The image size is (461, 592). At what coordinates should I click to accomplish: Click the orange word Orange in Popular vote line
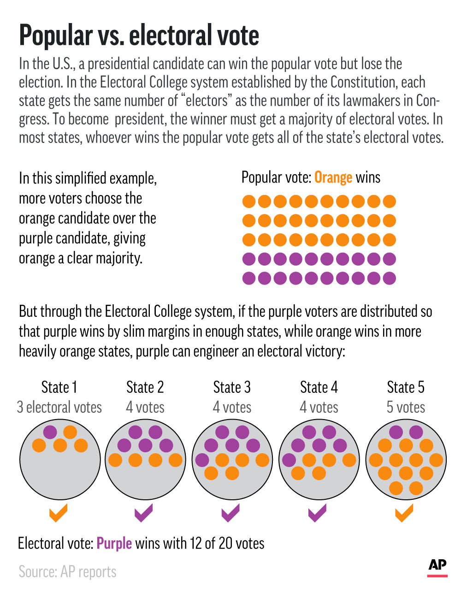click(333, 178)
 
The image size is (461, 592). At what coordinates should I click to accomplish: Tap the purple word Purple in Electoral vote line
click(114, 543)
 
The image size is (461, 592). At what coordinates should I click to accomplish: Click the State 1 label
click(59, 387)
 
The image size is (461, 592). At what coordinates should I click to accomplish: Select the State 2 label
click(145, 387)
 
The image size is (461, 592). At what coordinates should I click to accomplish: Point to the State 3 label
click(232, 387)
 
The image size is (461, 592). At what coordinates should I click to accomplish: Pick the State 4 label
click(319, 387)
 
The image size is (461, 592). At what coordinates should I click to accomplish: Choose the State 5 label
click(406, 387)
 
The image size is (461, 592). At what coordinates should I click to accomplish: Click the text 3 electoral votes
click(59, 407)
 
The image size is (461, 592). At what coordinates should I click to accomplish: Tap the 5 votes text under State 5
click(406, 407)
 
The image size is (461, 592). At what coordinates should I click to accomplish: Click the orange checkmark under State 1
click(58, 513)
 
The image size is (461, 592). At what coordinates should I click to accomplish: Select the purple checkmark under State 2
click(143, 513)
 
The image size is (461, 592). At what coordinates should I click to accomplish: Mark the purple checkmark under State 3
click(230, 513)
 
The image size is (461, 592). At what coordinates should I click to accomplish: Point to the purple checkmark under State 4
click(317, 513)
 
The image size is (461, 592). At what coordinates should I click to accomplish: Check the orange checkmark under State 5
click(404, 513)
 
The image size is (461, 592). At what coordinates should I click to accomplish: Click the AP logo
click(437, 567)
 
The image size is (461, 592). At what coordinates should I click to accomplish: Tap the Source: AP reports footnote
click(67, 572)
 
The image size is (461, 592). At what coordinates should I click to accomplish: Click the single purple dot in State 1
click(50, 432)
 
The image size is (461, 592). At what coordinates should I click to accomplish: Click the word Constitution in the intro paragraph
click(364, 82)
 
